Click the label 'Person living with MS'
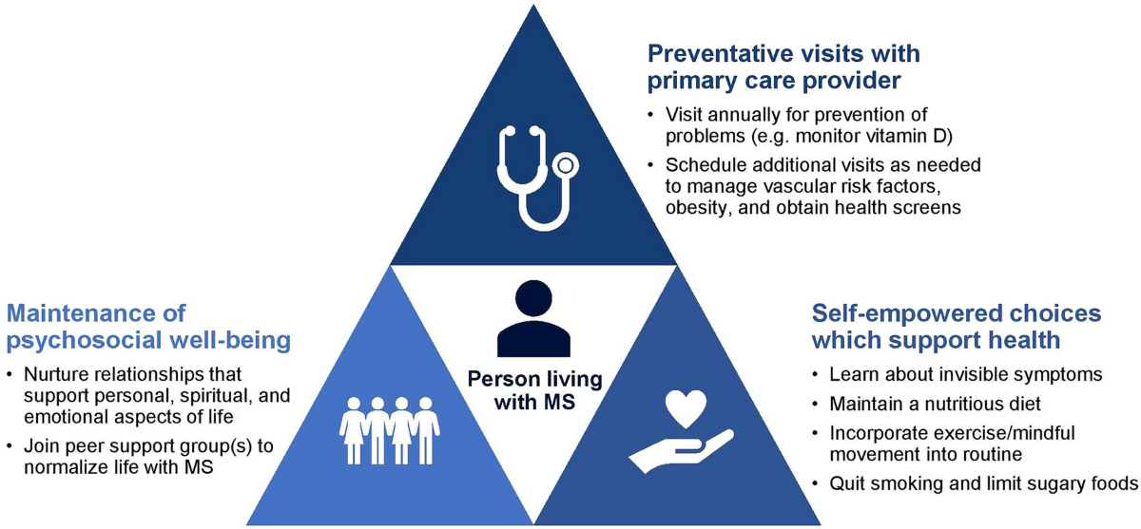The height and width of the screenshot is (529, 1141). pos(534,390)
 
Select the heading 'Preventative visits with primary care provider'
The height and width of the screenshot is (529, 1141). pos(783,66)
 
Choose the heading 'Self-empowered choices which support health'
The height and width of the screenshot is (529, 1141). pos(956,325)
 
